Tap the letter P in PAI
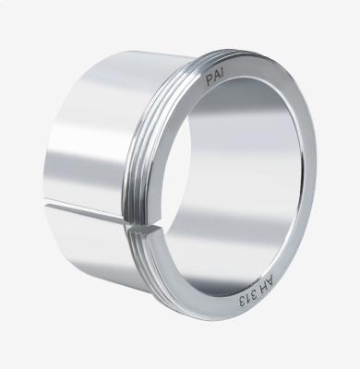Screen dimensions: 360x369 coord(210,82)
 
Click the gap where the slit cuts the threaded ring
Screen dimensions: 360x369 coord(129,224)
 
